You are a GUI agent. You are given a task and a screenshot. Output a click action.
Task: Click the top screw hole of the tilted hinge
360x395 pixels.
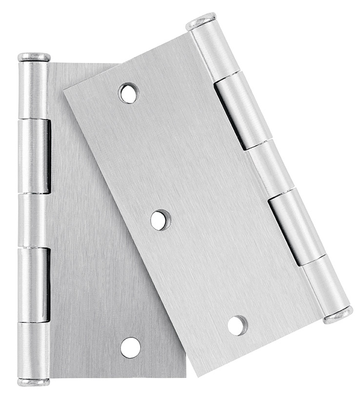[129, 93]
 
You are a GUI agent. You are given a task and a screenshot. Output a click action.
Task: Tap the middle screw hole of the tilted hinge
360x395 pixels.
[160, 219]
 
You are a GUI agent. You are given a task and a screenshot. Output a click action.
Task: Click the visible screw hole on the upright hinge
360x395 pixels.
[131, 347]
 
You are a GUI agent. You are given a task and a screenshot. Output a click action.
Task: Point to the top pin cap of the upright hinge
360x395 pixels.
[34, 57]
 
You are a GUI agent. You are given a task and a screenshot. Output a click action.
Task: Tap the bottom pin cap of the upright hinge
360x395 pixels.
[34, 382]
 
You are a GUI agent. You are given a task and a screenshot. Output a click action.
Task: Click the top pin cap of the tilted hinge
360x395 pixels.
[201, 22]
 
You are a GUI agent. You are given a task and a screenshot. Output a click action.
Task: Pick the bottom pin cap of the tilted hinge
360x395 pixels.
[338, 315]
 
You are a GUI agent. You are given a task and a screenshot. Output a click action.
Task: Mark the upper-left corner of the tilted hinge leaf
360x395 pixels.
[63, 89]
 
